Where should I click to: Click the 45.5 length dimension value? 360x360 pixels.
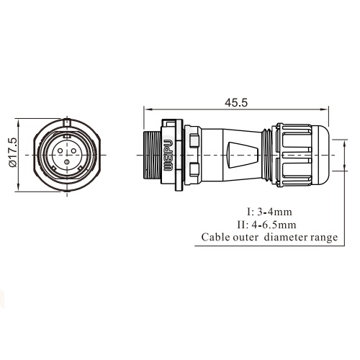coord(235,103)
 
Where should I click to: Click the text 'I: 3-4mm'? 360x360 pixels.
coord(270,212)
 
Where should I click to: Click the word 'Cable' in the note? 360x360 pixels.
coord(216,236)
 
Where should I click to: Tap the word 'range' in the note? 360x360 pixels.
coord(324,236)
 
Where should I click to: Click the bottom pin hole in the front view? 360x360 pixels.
coord(66,162)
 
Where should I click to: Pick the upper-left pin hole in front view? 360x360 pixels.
coord(60,152)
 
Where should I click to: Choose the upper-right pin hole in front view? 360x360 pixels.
coord(72,152)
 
